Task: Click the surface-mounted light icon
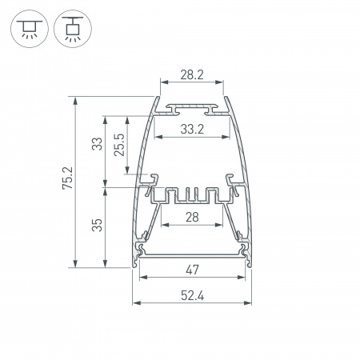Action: point(27,29)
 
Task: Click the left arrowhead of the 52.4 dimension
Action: point(136,305)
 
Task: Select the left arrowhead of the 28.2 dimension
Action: point(163,82)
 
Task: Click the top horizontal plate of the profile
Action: point(191,106)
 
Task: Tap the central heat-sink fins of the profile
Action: point(191,194)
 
